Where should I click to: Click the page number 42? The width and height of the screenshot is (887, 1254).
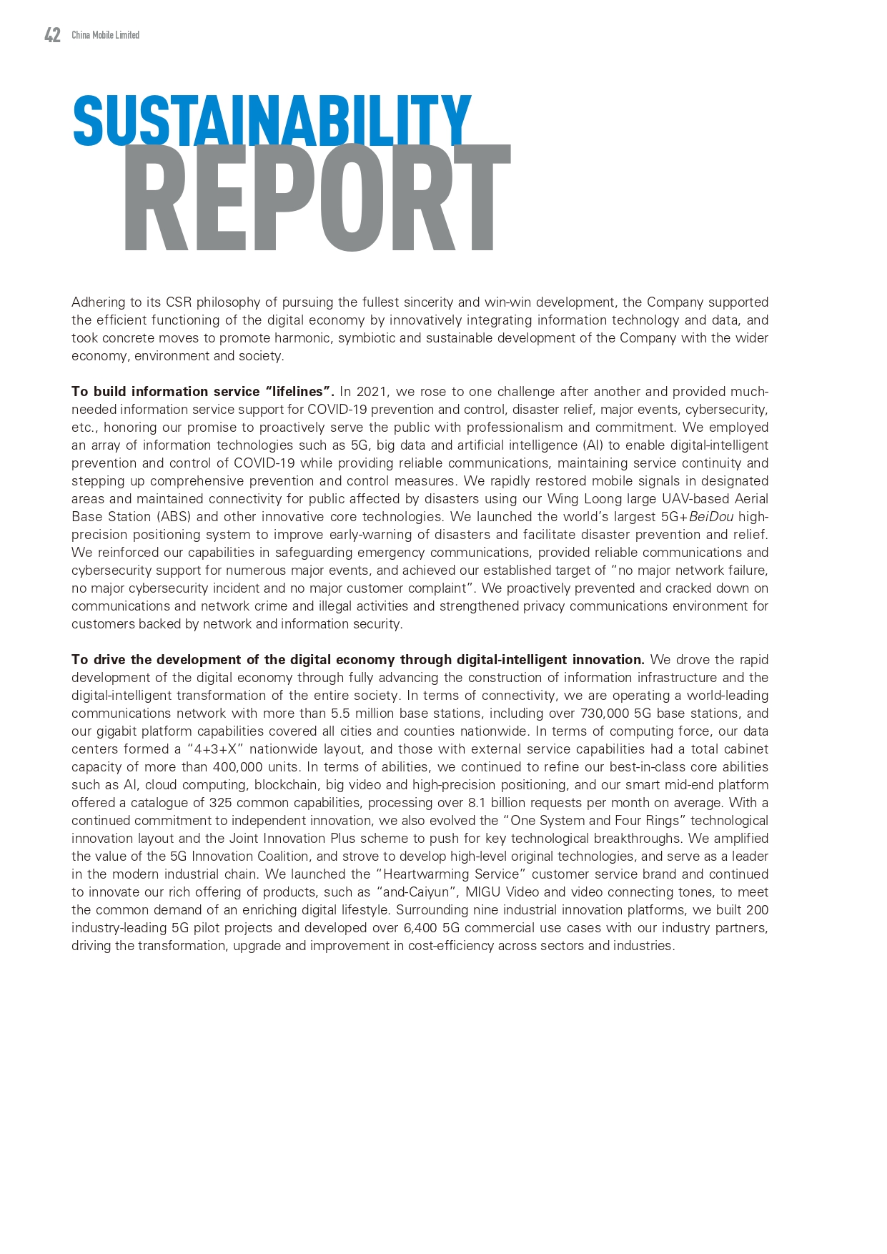52,35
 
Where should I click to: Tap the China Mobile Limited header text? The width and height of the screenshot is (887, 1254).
105,35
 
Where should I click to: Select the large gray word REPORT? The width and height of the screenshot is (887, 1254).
317,199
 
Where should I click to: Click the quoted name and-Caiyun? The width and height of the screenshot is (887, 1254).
417,892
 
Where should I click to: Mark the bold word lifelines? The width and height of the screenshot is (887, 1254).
298,392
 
